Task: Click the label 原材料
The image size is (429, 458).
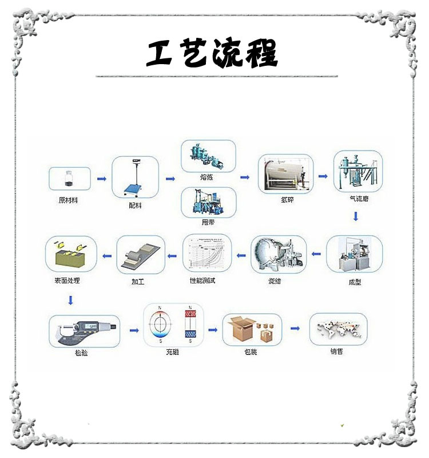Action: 69,200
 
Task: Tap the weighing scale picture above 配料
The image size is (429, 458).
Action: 135,177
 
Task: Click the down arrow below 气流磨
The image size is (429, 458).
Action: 356,216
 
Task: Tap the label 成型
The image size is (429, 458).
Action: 355,282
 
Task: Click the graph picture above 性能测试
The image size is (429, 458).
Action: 207,254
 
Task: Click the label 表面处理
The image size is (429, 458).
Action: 67,281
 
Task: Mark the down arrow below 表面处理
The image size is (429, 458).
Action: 70,299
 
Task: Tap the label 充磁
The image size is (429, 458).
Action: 173,352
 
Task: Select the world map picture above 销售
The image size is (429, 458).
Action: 338,329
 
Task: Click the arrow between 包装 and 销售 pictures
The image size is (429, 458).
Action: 295,328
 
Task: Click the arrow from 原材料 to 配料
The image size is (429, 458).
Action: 102,179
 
